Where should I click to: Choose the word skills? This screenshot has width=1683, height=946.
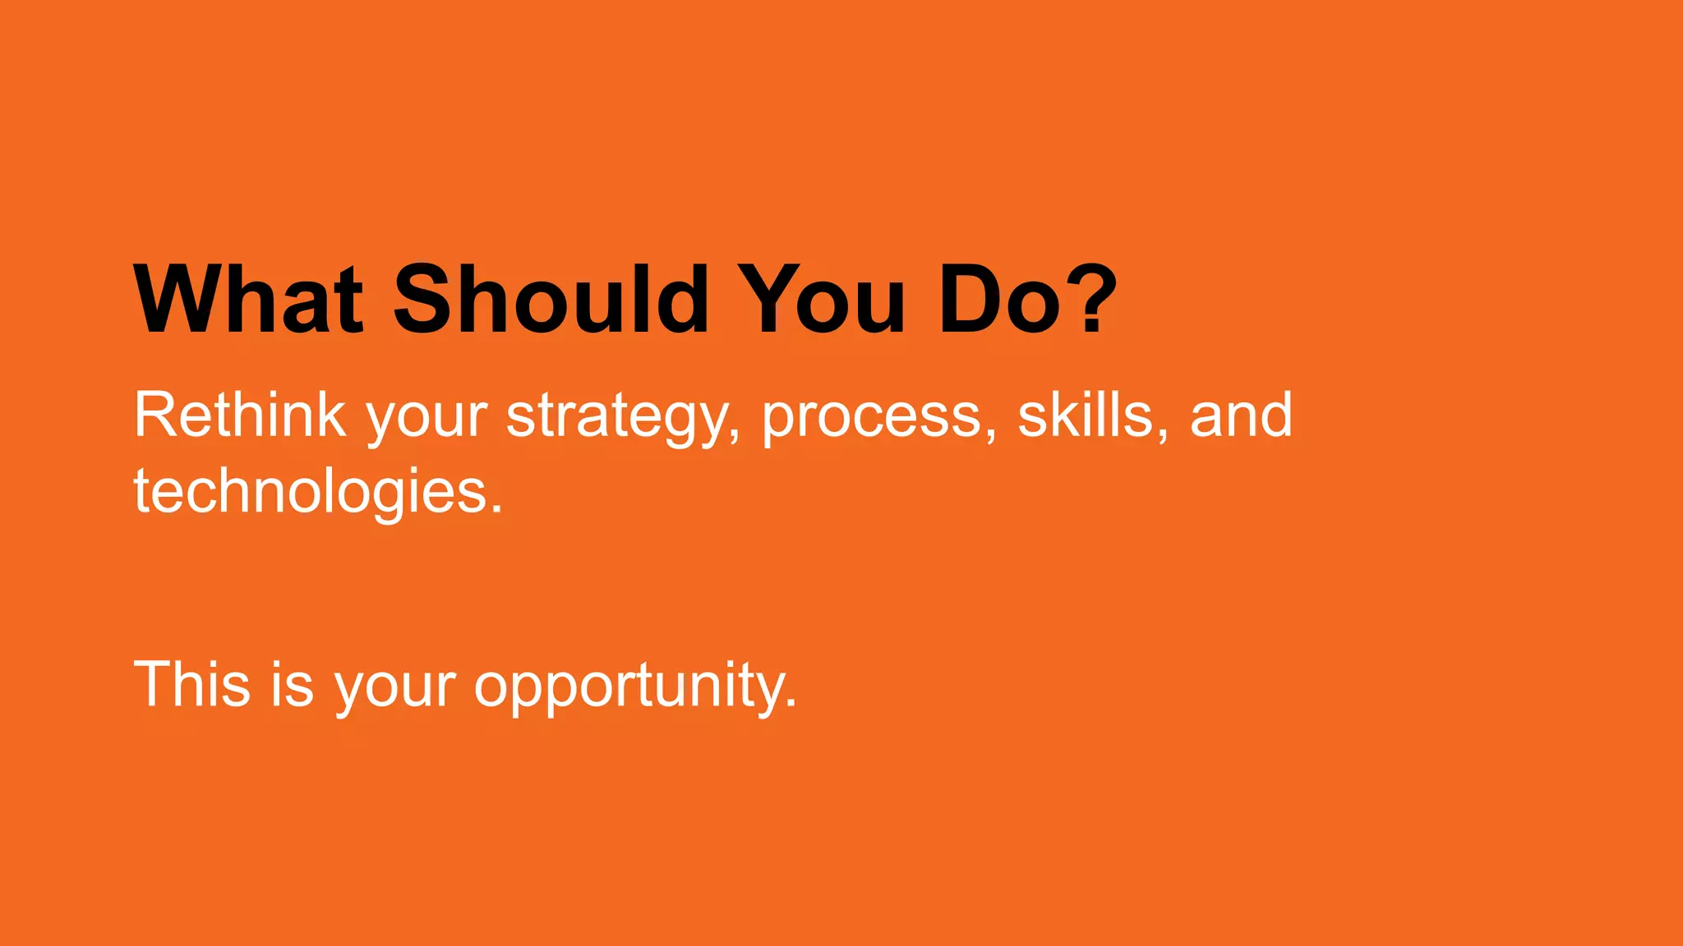[1085, 416]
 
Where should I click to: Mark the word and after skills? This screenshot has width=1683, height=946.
[1241, 416]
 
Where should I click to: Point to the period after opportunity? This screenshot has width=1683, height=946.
[791, 703]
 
